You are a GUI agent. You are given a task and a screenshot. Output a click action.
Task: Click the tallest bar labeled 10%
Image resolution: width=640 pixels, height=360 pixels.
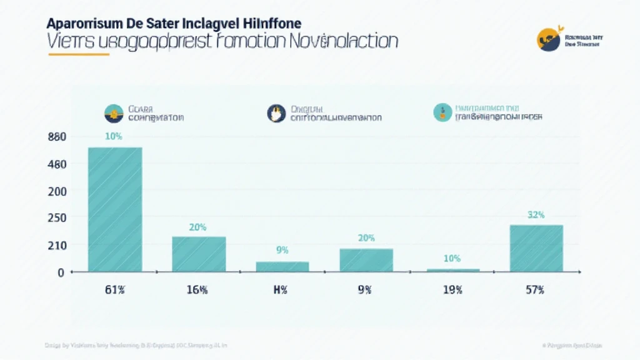[x=115, y=209]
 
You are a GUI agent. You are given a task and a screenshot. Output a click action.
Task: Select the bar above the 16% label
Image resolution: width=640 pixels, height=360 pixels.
[x=199, y=254]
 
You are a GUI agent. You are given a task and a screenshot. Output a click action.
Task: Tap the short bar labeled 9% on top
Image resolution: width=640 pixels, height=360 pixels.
[x=282, y=266]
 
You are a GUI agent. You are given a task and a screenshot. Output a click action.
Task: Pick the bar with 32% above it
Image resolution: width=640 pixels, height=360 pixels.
[x=536, y=248]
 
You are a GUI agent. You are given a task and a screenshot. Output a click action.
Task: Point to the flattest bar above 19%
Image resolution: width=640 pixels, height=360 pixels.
[x=453, y=270]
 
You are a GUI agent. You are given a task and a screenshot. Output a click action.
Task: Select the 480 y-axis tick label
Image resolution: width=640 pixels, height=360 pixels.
[x=56, y=164]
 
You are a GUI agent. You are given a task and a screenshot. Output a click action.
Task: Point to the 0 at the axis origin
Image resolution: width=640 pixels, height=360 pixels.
[x=61, y=272]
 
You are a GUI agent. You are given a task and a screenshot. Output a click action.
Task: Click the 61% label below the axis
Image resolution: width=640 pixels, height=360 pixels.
[x=114, y=290]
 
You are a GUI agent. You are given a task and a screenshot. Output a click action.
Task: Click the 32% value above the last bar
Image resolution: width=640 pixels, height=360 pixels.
[x=536, y=214]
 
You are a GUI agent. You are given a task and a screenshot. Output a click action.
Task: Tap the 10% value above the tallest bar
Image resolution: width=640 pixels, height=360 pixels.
[x=114, y=137]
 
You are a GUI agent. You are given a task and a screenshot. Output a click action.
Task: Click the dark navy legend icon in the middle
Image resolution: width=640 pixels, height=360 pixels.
[x=276, y=112]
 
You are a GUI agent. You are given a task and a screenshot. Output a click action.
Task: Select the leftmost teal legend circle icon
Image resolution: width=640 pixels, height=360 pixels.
[x=114, y=112]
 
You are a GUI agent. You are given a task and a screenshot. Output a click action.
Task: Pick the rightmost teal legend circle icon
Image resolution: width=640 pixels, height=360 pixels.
[x=442, y=112]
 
